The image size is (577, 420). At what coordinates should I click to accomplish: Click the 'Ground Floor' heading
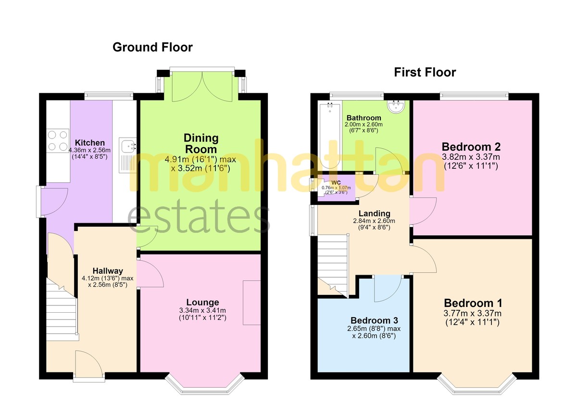tap(152, 48)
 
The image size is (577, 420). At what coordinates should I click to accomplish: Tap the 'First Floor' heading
tap(425, 72)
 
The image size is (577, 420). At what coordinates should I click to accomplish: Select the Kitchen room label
tap(89, 143)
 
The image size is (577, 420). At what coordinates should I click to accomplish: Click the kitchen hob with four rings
tap(58, 140)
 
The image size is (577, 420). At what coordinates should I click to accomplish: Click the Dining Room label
tap(201, 143)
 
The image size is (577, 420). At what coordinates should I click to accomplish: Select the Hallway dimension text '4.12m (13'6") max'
tap(108, 278)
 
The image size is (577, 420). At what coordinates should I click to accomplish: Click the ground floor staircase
tap(62, 309)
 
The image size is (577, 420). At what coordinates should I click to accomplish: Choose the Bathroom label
tap(364, 118)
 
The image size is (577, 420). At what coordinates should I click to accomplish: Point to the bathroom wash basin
tap(396, 106)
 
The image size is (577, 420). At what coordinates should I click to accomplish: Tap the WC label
tap(336, 183)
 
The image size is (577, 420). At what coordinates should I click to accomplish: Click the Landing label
tap(374, 213)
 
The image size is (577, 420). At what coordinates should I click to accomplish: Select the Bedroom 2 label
tap(471, 147)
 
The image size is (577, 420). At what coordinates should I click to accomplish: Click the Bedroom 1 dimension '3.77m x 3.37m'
tap(472, 313)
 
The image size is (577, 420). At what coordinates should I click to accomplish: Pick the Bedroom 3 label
tap(374, 320)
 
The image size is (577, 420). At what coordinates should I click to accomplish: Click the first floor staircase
tap(333, 266)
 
